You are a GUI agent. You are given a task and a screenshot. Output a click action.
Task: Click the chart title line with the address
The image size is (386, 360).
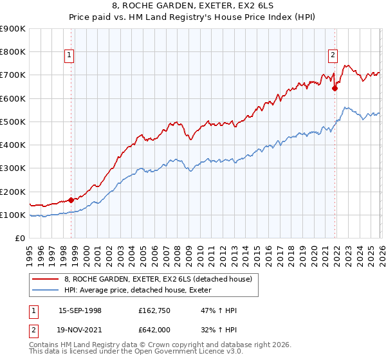click(x=193, y=6)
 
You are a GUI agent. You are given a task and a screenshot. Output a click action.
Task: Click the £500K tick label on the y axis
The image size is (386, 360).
click(x=13, y=122)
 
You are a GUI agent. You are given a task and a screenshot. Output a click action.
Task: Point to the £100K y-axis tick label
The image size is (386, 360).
click(x=13, y=215)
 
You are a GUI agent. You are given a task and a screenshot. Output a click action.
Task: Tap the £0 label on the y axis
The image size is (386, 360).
click(x=19, y=238)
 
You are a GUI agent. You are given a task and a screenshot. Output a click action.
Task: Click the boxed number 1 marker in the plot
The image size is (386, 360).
click(x=69, y=55)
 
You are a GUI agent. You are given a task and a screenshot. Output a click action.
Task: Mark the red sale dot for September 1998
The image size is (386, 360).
click(x=71, y=200)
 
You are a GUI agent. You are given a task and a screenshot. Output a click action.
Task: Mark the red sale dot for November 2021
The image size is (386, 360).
click(x=335, y=89)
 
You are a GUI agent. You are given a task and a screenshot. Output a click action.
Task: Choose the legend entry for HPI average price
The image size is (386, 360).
click(x=142, y=290)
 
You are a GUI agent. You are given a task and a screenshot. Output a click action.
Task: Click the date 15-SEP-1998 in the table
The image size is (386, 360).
click(x=80, y=310)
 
